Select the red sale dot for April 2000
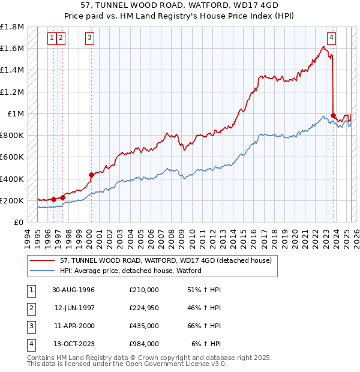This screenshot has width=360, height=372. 91,175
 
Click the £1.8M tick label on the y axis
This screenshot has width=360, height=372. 12,27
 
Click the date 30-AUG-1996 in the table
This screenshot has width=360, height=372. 74,289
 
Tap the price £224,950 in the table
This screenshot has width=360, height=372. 143,308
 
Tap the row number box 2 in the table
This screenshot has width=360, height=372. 31,308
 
